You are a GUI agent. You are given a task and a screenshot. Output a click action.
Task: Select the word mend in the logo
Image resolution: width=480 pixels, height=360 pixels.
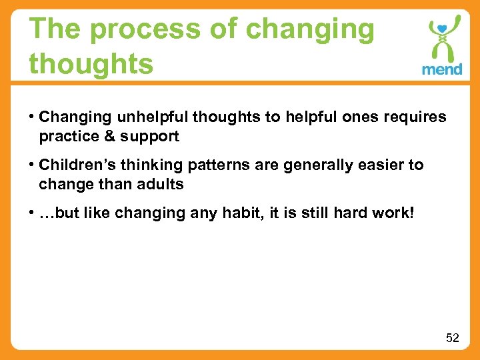[x=441, y=69]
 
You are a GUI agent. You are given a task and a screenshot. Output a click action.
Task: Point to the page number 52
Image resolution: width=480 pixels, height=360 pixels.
[x=453, y=338]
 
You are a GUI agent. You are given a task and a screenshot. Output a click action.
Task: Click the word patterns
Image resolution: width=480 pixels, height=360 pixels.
[x=212, y=165]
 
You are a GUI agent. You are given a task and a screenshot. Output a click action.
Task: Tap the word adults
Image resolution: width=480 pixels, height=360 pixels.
[x=159, y=184]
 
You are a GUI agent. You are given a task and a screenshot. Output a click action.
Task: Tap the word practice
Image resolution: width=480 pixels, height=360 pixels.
[x=67, y=137]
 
